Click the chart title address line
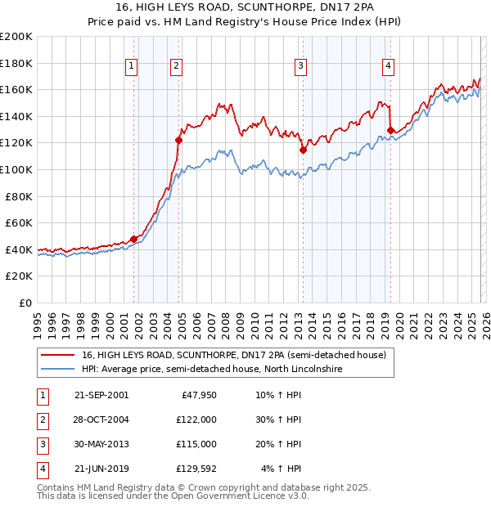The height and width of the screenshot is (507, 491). point(245,7)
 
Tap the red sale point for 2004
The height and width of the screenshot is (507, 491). point(179,141)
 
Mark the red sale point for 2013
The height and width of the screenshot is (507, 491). point(303,150)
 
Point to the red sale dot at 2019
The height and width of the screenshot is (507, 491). point(390,130)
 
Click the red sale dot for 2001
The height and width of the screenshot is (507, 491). point(134,239)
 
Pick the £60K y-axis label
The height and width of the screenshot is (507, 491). point(19,222)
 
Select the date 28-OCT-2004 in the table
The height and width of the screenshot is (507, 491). point(101,419)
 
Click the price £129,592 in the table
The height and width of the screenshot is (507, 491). point(194,469)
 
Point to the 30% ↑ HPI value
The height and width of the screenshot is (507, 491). point(278,419)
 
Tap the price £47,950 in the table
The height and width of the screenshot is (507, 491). point(196,394)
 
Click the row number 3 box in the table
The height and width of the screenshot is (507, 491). point(41,444)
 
